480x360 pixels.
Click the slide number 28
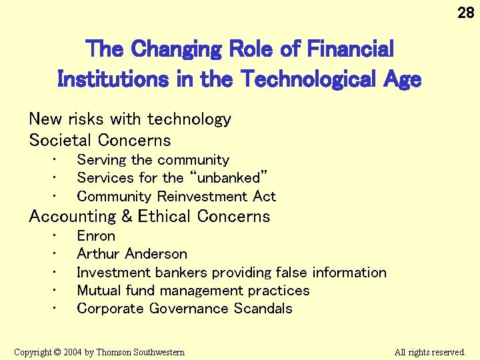click(466, 13)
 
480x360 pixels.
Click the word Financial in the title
click(347, 49)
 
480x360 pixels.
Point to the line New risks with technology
click(130, 119)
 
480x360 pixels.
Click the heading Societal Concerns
click(100, 140)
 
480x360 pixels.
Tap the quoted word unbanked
click(229, 178)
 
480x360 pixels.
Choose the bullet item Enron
click(96, 236)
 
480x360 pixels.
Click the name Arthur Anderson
click(132, 254)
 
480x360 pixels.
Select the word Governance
click(189, 309)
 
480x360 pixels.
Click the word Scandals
click(263, 309)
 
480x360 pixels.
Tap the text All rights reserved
click(430, 352)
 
